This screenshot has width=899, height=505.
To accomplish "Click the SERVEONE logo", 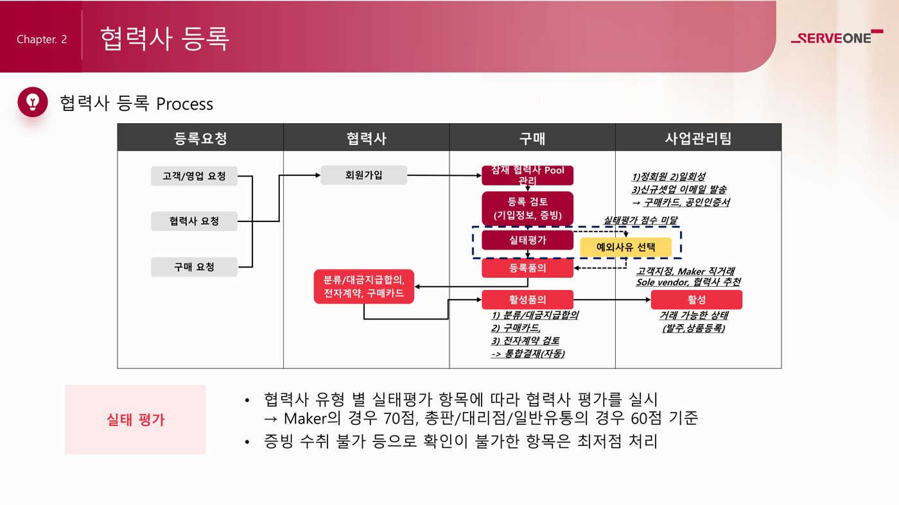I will point(836,38).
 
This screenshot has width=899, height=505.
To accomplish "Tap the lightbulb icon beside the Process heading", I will point(33,102).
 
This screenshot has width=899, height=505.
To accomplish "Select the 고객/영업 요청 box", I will point(194,176).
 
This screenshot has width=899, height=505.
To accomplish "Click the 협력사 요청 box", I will point(194,221).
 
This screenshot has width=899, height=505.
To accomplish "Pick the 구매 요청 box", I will point(194,267).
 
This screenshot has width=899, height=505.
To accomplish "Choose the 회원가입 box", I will point(363,175).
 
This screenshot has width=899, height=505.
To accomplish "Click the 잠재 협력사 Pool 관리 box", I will point(527,175).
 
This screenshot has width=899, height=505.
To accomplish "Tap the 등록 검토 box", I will point(527,209).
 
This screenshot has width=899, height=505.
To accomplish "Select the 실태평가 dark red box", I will point(527,240).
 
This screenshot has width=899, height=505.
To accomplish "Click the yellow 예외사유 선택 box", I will point(625,246).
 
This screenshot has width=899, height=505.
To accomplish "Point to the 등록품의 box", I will point(527,268).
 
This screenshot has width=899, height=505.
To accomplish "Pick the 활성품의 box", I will point(527,300).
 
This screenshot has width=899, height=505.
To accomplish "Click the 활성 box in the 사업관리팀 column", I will point(696,300).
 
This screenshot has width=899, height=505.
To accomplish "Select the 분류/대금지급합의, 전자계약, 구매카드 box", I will point(363,286).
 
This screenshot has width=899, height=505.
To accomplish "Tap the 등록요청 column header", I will point(200,137).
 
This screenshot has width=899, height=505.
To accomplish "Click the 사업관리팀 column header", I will point(698,137).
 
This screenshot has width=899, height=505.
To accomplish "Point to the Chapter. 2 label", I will point(42,39).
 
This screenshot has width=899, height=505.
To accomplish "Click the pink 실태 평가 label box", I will point(135,420).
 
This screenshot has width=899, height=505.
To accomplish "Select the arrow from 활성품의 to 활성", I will point(610,300).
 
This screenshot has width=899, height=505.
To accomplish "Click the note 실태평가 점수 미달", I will point(640,220).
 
